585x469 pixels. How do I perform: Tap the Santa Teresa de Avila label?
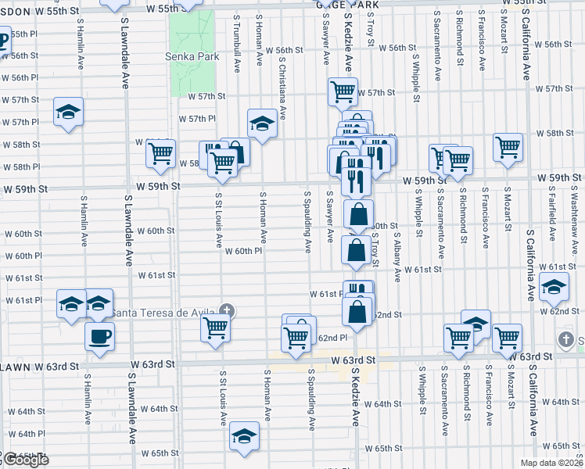coord(162,313)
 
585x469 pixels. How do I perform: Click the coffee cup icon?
coord(99,337)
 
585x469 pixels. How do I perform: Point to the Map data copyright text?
coord(552,463)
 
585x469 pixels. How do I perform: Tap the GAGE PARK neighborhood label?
coord(347,5)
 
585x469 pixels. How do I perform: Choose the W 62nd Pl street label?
coord(332,338)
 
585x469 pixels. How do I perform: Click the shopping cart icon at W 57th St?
coord(343,91)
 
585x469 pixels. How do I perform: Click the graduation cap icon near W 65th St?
coord(244,439)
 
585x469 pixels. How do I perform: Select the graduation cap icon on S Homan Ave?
coord(261,123)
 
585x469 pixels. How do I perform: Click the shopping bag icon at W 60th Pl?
coord(357,250)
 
